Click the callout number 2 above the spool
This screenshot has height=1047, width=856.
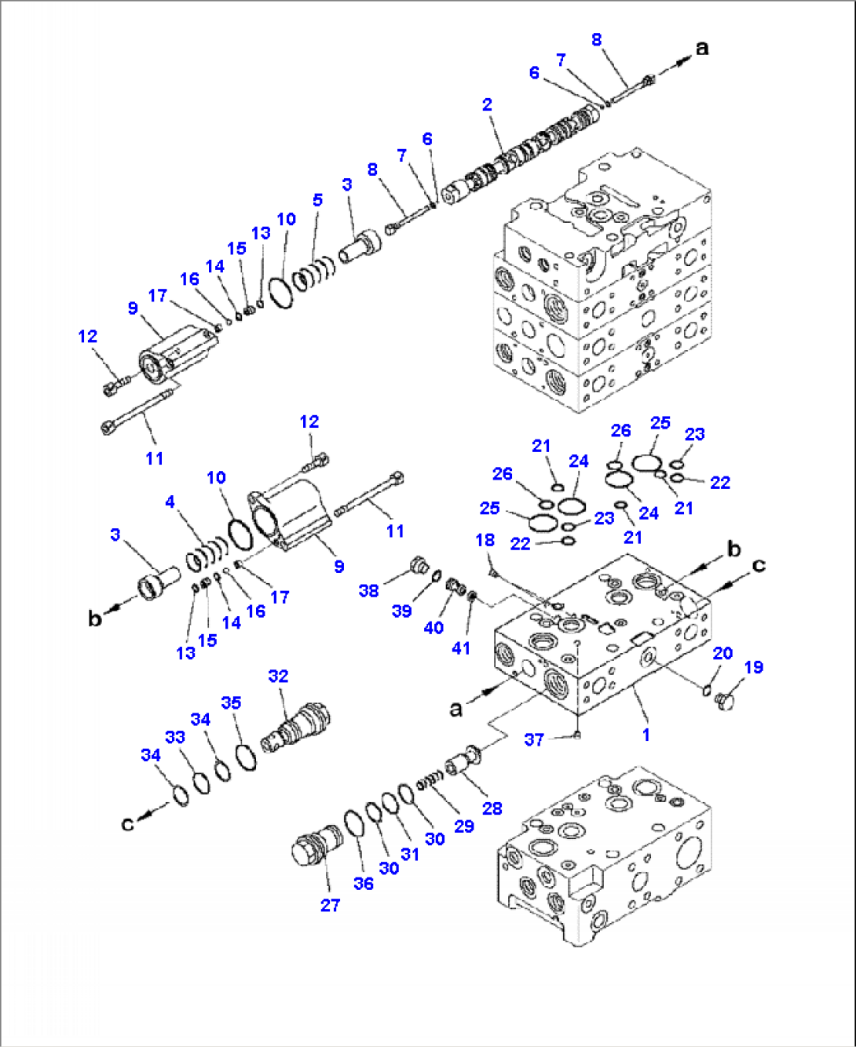[x=487, y=104]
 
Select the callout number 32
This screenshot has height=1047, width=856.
[x=278, y=676]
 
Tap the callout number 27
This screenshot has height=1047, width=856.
[x=330, y=905]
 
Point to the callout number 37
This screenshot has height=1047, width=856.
[x=534, y=739]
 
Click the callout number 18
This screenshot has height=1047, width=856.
[x=485, y=540]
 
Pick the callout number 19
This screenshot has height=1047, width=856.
[x=753, y=667]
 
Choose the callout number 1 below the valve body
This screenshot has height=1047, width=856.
[x=646, y=735]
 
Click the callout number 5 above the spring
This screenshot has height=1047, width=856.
[x=317, y=200]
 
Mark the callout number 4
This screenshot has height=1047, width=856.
[x=170, y=502]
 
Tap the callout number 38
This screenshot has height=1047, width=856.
[x=368, y=590]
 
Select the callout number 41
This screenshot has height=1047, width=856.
[x=461, y=648]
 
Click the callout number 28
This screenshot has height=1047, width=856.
[x=492, y=808]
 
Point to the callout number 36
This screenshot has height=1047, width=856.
[x=363, y=883]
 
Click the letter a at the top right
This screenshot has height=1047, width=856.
[x=702, y=48]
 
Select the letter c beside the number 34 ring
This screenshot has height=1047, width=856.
[x=127, y=823]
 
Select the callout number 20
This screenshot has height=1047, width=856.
[x=722, y=653]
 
